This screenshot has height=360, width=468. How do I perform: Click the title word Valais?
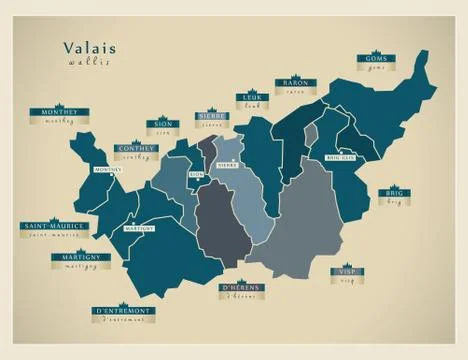coord(89,47)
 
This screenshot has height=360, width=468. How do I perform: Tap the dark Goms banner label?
coord(376,59)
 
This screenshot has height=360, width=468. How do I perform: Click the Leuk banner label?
coord(250,96)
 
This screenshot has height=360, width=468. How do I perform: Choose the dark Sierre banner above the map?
coord(212,116)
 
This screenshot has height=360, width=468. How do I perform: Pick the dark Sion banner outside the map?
coord(162,125)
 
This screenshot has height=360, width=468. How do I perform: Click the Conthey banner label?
coord(136,148)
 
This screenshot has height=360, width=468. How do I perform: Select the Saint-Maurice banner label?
coord(53,226)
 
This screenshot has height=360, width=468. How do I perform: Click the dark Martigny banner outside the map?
coord(80,256)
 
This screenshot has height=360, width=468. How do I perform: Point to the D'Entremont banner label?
coord(124,312)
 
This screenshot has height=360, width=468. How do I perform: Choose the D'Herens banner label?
coord(241,288)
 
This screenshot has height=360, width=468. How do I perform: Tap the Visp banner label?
coord(347,271)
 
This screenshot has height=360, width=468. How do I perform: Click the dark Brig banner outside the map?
coord(393,191)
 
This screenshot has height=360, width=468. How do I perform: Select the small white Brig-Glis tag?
coord(339,157)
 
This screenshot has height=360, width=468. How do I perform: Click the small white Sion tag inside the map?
coord(197,175)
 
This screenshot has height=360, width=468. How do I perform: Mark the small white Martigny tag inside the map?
coord(138,228)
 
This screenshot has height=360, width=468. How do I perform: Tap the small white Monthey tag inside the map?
coord(107,170)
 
